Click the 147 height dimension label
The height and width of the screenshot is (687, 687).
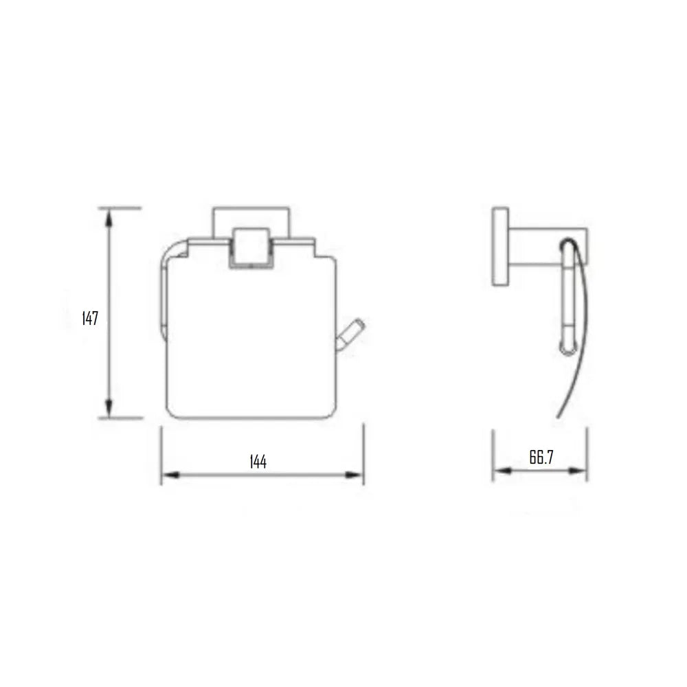(x=90, y=319)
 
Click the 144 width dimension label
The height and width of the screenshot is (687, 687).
(x=258, y=462)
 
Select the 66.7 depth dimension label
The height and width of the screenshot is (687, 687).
(x=541, y=458)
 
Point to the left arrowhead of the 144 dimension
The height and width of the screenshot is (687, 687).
(x=168, y=475)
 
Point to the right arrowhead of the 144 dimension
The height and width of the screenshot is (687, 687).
(x=357, y=475)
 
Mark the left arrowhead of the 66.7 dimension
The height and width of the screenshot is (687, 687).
(x=499, y=471)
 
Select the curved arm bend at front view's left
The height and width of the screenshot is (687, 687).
(x=172, y=251)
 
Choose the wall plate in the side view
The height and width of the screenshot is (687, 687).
(x=500, y=246)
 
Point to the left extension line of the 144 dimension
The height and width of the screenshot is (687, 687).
(x=161, y=453)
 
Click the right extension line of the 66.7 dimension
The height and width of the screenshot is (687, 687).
(x=587, y=453)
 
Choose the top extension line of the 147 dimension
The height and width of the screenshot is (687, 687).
(x=120, y=207)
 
